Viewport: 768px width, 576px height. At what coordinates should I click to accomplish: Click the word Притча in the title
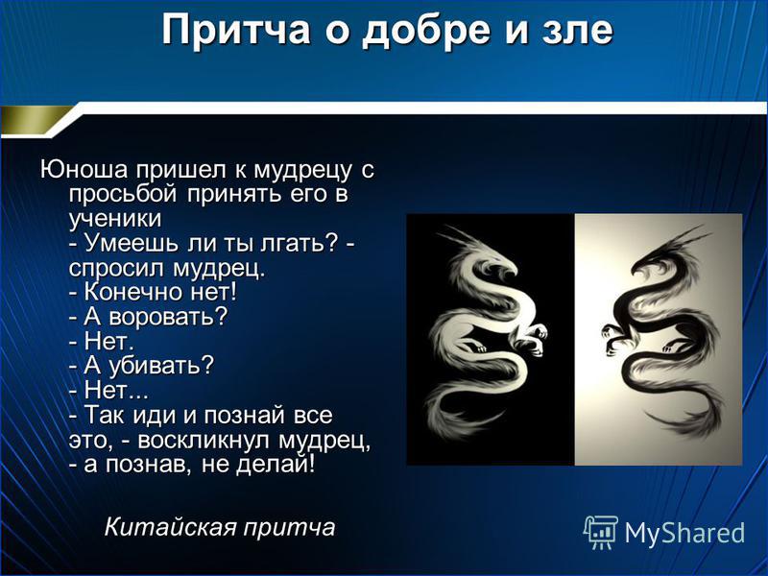click(x=236, y=31)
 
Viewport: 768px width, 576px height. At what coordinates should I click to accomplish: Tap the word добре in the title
click(x=426, y=31)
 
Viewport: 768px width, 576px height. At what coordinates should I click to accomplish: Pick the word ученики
click(x=115, y=219)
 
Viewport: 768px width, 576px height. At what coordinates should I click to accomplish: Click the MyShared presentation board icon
click(x=600, y=532)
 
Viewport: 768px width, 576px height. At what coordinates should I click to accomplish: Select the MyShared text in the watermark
click(x=684, y=533)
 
